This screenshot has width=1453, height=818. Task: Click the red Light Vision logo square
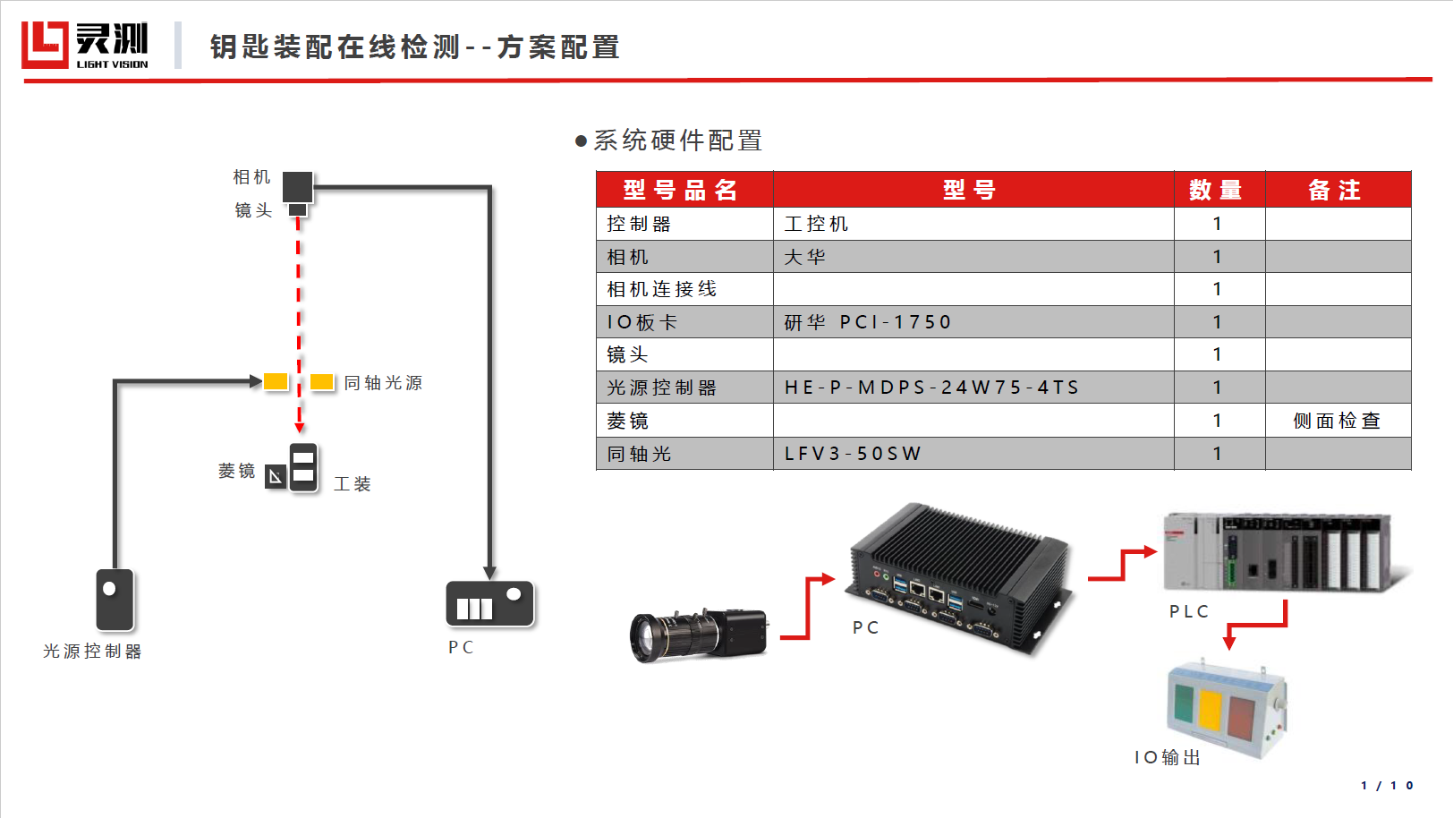[45, 45]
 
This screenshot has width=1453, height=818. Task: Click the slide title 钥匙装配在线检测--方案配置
[415, 47]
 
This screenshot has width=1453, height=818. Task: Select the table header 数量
[1216, 190]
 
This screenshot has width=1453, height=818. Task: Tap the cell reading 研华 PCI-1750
[867, 322]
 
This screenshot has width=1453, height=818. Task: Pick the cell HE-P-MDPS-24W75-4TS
[930, 388]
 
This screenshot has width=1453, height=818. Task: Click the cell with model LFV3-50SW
[853, 454]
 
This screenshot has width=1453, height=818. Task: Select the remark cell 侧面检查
[1337, 421]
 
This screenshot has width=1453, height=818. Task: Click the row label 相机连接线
[662, 289]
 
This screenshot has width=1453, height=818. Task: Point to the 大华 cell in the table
[804, 257]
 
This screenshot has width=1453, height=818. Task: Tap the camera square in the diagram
[298, 187]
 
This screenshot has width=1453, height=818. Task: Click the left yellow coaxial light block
[276, 381]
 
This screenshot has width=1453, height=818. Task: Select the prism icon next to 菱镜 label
[275, 477]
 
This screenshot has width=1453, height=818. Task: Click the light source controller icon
[115, 600]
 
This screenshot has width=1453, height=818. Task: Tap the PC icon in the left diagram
[489, 603]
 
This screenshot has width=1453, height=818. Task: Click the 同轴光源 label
[383, 383]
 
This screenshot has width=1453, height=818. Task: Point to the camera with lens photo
[699, 635]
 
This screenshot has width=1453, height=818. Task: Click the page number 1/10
[1387, 786]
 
